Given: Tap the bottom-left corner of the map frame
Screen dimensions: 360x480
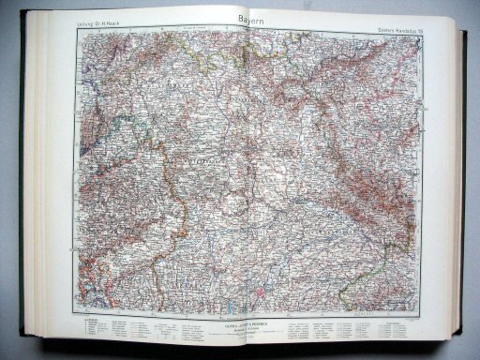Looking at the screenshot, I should pos(78,313).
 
